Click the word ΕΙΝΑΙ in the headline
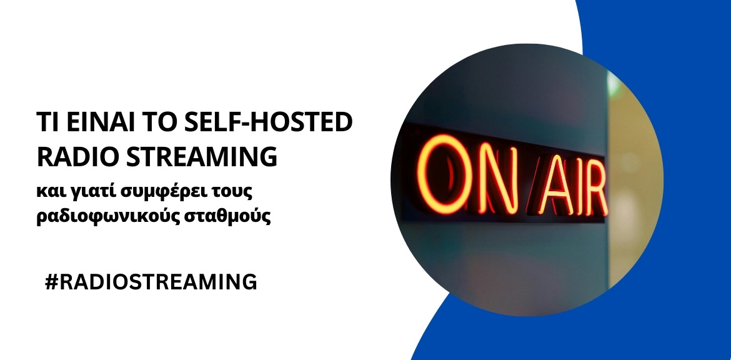coord(96,123)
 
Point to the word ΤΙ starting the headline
coord(46,123)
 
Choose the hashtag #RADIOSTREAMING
coord(151,281)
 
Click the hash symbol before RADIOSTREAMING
coord(52,281)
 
